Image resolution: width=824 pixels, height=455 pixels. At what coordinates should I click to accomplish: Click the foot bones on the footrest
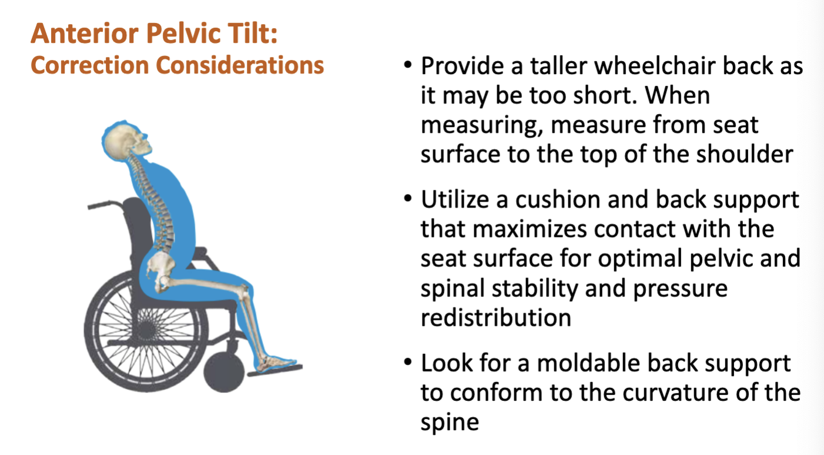click(272, 363)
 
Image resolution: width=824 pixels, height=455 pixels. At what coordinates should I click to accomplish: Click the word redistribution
click(495, 318)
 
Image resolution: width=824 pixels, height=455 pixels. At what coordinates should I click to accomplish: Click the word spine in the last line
click(450, 422)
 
